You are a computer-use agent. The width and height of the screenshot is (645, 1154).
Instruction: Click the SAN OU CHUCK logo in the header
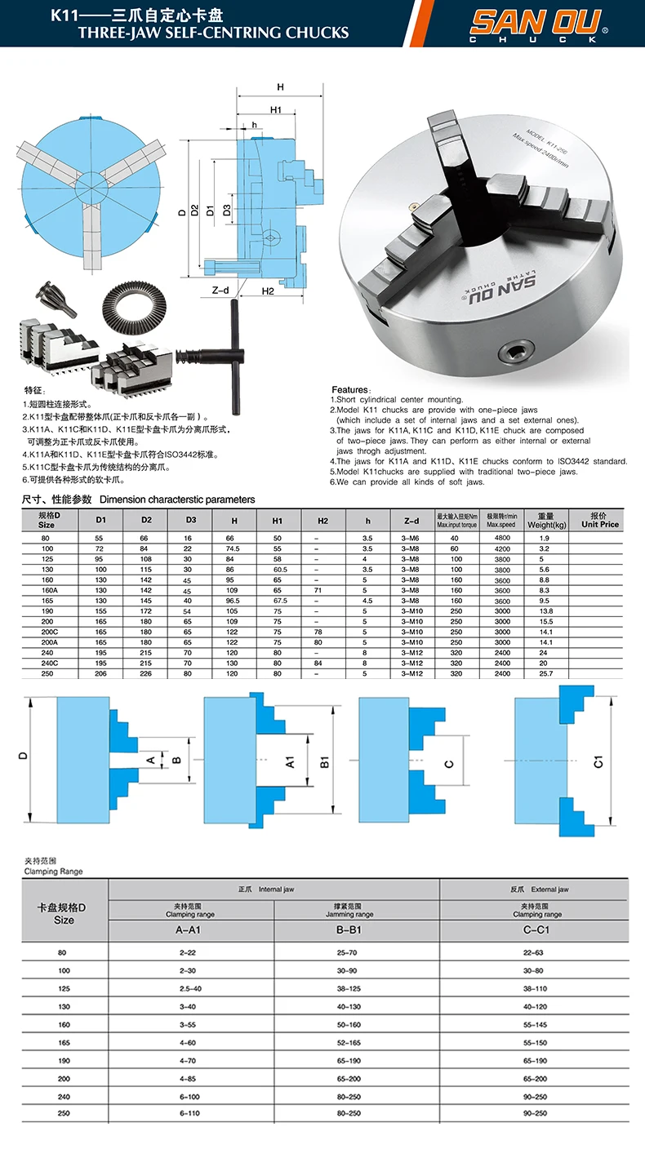(536, 24)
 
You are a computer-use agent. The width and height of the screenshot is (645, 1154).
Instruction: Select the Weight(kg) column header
(546, 520)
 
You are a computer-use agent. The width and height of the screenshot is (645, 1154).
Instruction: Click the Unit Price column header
(600, 520)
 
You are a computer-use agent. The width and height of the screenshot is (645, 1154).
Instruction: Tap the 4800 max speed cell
(502, 539)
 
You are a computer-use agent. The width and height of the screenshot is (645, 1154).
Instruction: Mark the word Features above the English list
(350, 389)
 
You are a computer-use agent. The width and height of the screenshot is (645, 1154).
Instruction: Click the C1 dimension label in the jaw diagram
(598, 761)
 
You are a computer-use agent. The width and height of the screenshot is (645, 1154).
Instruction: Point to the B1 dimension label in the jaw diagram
(324, 761)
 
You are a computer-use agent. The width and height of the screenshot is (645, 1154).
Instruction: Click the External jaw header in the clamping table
(549, 889)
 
